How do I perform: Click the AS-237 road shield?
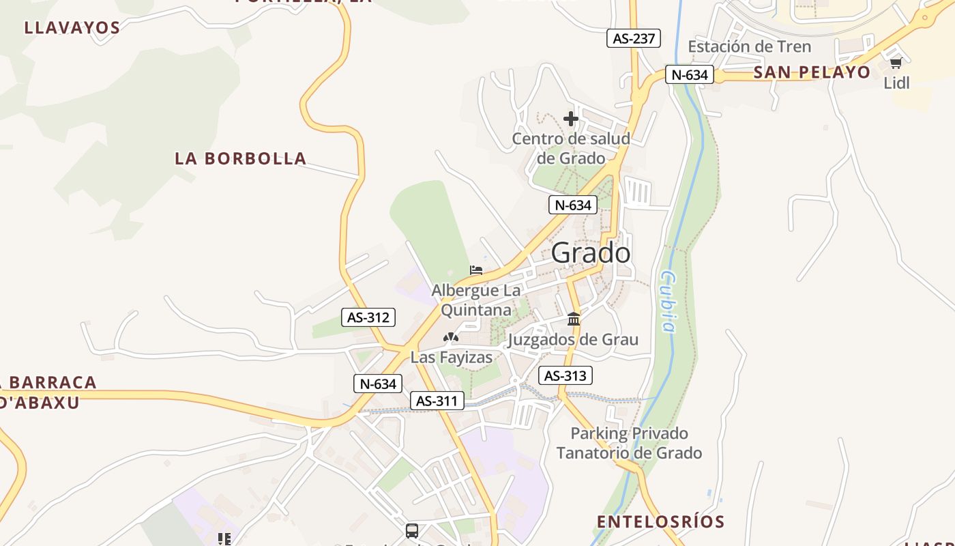pyautogui.click(x=634, y=38)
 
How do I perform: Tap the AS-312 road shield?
pyautogui.click(x=368, y=317)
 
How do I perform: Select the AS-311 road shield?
pyautogui.click(x=437, y=401)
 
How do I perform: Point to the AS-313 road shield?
pyautogui.click(x=565, y=375)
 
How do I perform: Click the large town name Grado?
pyautogui.click(x=591, y=253)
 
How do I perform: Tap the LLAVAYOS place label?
pyautogui.click(x=72, y=28)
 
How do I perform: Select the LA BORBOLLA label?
pyautogui.click(x=241, y=158)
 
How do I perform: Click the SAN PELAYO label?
pyautogui.click(x=812, y=72)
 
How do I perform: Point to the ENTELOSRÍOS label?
pyautogui.click(x=660, y=522)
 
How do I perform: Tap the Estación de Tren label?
pyautogui.click(x=749, y=46)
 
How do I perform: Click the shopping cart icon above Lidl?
pyautogui.click(x=896, y=63)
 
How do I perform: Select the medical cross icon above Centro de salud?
pyautogui.click(x=571, y=119)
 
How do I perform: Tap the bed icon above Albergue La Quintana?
pyautogui.click(x=476, y=270)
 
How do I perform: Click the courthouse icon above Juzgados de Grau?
pyautogui.click(x=574, y=319)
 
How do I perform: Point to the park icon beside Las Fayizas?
pyautogui.click(x=450, y=336)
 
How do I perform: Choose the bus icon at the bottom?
pyautogui.click(x=412, y=530)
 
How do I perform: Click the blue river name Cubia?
pyautogui.click(x=668, y=301)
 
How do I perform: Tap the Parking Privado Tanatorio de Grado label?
pyautogui.click(x=629, y=443)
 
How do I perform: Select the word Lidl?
pyautogui.click(x=896, y=83)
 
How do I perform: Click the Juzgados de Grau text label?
pyautogui.click(x=574, y=339)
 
